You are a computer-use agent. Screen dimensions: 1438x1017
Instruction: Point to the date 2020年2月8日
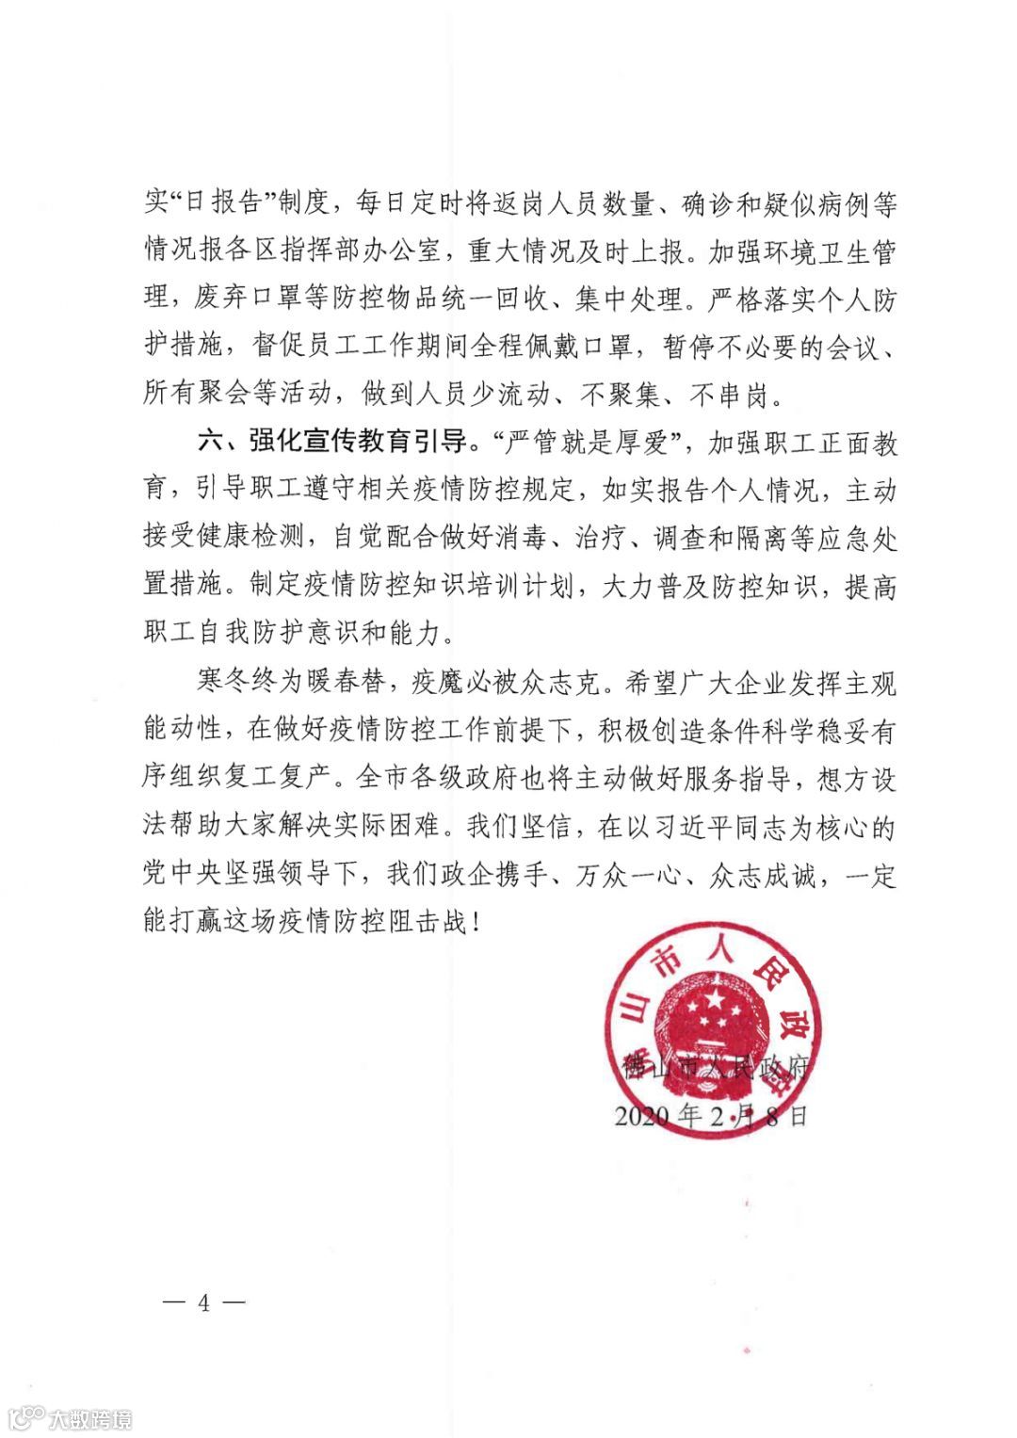coord(711,1117)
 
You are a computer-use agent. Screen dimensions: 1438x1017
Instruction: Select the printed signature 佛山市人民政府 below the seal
coord(716,1068)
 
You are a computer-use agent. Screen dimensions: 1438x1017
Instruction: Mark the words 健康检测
coord(262,539)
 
